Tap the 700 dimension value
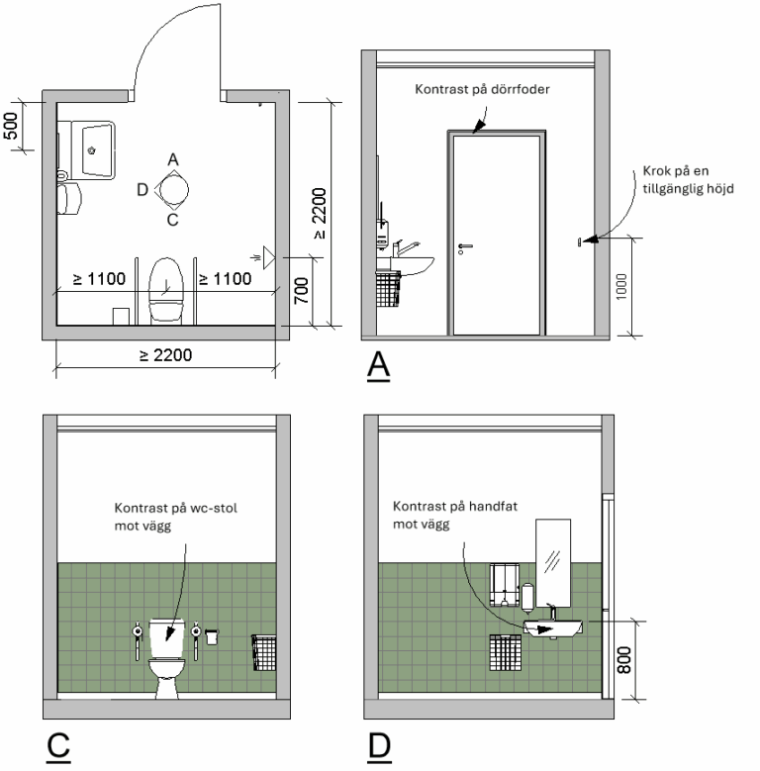click(x=303, y=290)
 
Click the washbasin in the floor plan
click(x=95, y=149)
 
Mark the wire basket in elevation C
click(x=263, y=651)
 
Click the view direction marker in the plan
click(x=172, y=187)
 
